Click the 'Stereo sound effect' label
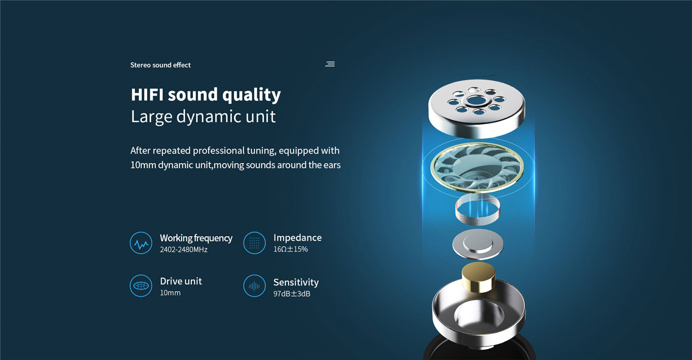click(161, 65)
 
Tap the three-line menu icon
click(330, 64)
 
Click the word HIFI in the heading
click(147, 95)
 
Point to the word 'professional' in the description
click(219, 150)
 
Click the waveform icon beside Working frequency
click(141, 243)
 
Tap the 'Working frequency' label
click(196, 238)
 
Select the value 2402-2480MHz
click(183, 250)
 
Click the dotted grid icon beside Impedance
click(254, 243)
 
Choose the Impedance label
click(297, 238)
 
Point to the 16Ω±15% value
click(290, 249)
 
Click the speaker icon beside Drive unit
click(141, 285)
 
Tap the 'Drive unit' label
click(181, 281)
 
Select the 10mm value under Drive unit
click(170, 292)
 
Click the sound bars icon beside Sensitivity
click(254, 285)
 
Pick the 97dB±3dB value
click(291, 294)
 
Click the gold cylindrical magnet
click(478, 277)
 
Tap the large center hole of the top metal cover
click(476, 101)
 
